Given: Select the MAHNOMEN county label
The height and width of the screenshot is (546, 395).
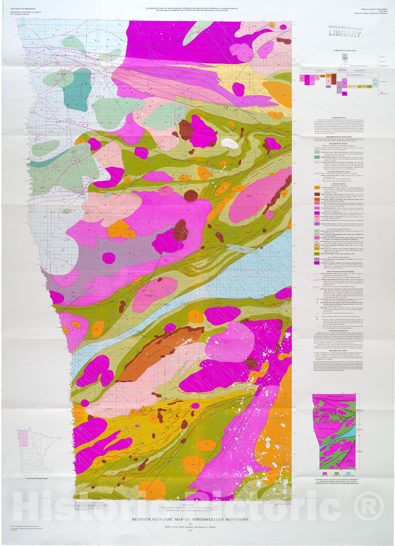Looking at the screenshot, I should tap(271, 418).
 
